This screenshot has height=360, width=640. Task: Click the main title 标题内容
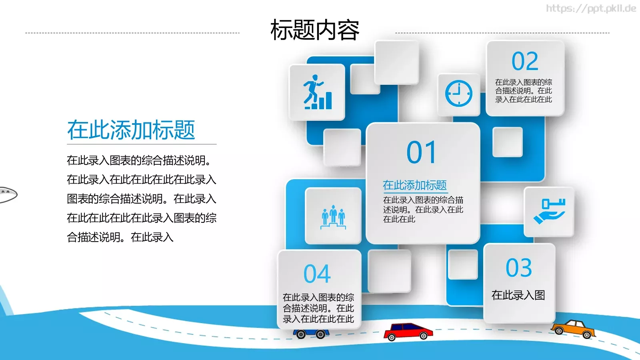315,30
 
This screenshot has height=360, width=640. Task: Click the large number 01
421,152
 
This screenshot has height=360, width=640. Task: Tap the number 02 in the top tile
525,61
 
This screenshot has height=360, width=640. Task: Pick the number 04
317,274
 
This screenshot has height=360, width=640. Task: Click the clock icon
459,94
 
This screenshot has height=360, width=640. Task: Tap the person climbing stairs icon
317,92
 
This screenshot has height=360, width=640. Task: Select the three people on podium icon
333,217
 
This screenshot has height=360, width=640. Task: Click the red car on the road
408,331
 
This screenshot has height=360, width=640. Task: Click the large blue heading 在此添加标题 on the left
131,130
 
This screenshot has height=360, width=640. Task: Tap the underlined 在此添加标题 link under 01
415,185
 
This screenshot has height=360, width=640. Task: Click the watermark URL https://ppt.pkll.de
591,8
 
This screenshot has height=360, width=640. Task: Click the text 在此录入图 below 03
518,295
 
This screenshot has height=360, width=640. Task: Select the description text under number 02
524,91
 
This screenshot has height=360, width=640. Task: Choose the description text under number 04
318,308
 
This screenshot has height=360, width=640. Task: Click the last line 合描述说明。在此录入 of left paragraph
120,237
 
